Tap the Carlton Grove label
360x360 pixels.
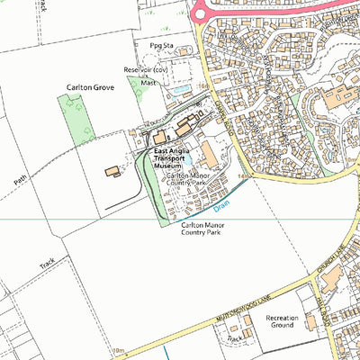coord(88,87)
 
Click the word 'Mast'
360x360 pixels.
coord(148,81)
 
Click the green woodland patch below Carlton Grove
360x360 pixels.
coord(76,117)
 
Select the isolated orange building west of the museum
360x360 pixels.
coord(112,171)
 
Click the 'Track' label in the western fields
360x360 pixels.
coord(49,265)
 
